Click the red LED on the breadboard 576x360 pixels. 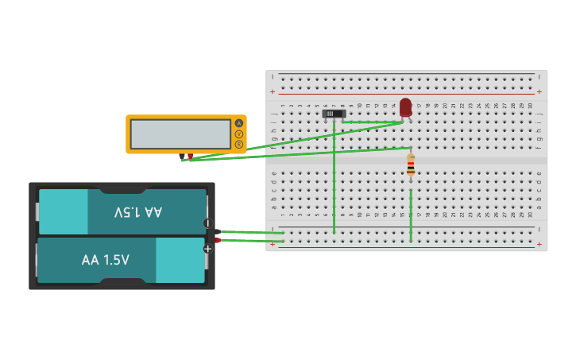point(405,106)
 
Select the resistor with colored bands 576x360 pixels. point(411,165)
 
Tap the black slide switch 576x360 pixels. point(334,114)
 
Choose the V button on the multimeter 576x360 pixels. point(238,134)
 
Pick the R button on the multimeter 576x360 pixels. point(238,144)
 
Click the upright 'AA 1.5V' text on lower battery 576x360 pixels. point(105,260)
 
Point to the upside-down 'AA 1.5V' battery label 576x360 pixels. point(138,212)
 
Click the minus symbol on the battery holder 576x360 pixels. point(207,223)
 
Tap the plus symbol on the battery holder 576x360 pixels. point(207,249)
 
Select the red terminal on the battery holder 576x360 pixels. point(217,239)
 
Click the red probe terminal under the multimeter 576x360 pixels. point(190,156)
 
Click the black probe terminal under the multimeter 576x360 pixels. point(182,157)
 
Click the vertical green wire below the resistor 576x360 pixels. point(411,215)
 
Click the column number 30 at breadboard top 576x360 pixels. point(530,105)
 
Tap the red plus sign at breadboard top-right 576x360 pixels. point(539,91)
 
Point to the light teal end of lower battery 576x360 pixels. point(180,260)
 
